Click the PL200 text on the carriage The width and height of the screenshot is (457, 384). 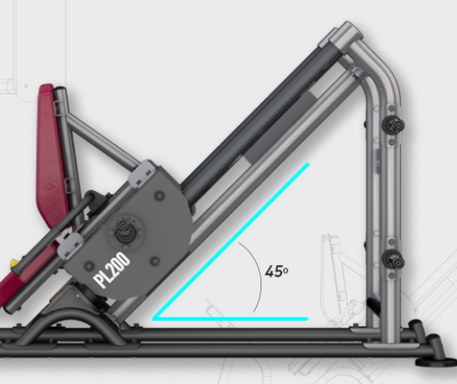(112, 270)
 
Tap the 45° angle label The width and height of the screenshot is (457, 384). (277, 272)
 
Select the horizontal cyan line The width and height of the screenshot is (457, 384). (231, 318)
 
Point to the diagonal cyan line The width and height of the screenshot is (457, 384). (231, 241)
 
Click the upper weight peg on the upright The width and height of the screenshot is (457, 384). (393, 125)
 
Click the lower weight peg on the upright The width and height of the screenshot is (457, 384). (393, 261)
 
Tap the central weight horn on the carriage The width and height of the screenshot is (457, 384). (125, 231)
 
